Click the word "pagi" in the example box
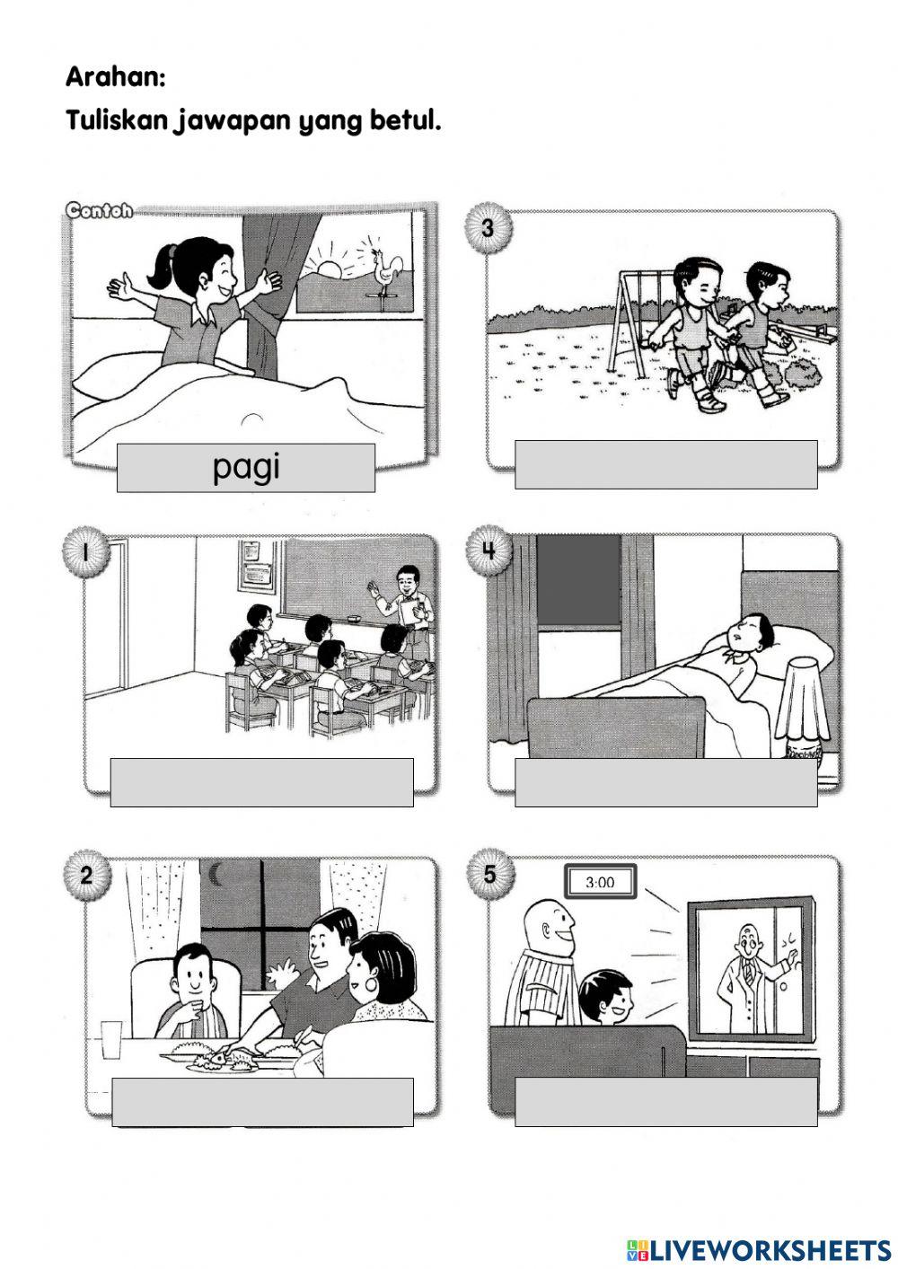245,467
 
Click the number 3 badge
488,228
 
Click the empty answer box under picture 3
665,464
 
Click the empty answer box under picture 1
261,782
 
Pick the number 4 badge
489,550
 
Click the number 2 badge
86,875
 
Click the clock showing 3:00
600,882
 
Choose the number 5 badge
489,874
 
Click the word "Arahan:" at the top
115,77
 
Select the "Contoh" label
99,211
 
